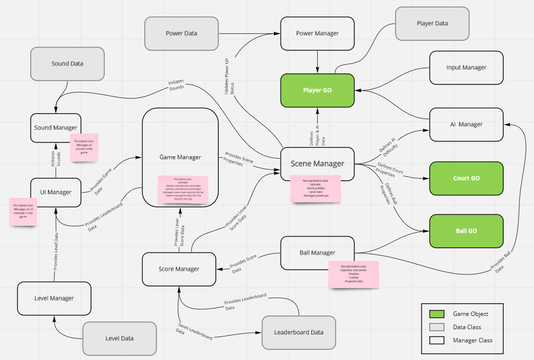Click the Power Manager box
tap(317, 33)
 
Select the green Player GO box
tap(317, 90)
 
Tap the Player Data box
tap(432, 23)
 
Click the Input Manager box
tap(466, 68)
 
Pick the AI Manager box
tap(466, 124)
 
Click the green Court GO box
tap(466, 178)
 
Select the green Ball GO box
tap(466, 231)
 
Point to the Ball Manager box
tap(317, 253)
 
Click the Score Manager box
tap(179, 269)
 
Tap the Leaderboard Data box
tap(299, 332)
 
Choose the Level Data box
tap(119, 338)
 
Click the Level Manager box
tap(54, 298)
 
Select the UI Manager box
tap(55, 192)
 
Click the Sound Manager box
tap(55, 128)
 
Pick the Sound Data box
tap(68, 64)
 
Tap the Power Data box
tap(182, 34)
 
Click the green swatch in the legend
tap(437, 314)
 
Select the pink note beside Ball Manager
tap(354, 274)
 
